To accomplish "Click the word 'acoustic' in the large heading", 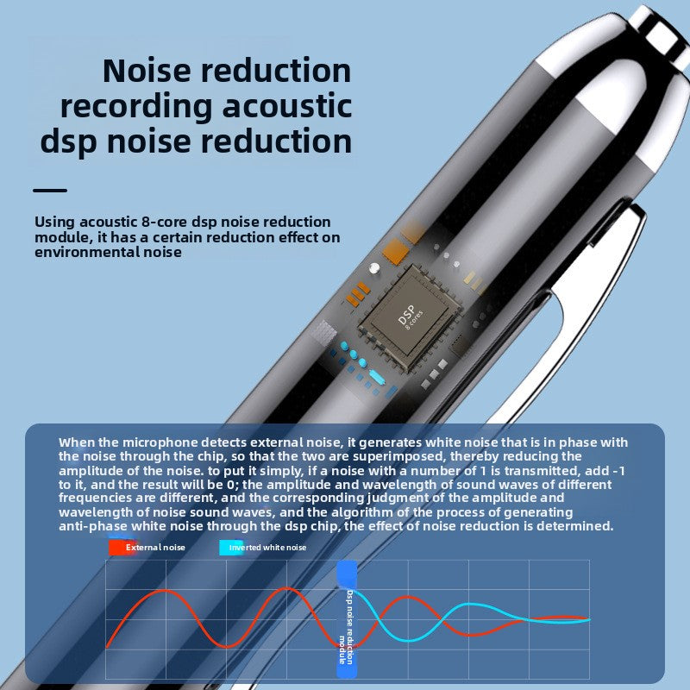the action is click(x=287, y=106).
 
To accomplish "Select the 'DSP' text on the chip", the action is click(x=405, y=314).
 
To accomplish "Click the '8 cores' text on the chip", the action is click(x=414, y=320).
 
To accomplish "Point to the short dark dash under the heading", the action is click(x=50, y=191).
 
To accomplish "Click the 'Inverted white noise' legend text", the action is click(x=267, y=548).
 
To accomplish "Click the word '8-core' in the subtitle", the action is click(x=164, y=222).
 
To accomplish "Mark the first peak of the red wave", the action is click(x=166, y=591).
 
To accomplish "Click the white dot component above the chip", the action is click(x=374, y=267).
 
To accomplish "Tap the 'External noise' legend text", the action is click(x=155, y=548).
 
